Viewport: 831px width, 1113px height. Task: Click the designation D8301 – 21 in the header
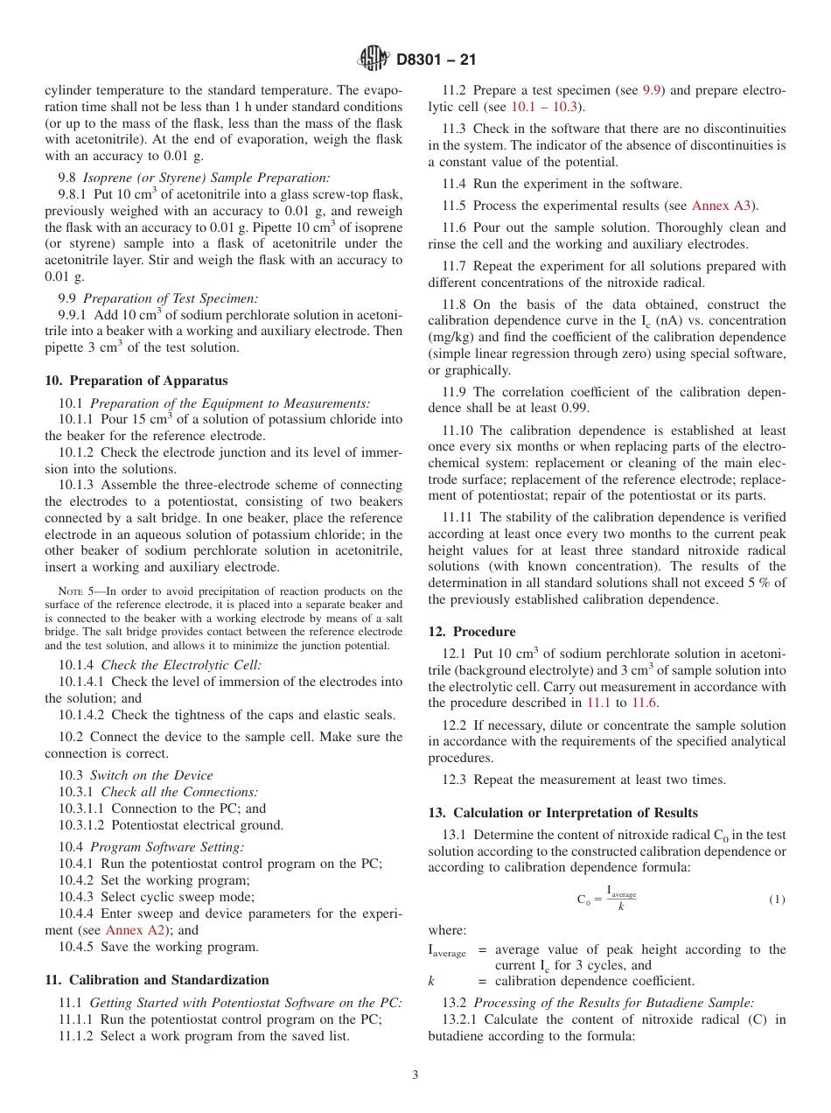coord(436,60)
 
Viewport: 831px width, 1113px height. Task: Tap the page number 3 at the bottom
coord(415,1074)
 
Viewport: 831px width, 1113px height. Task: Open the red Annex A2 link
coord(135,930)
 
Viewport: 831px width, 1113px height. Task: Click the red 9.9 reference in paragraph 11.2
coord(653,91)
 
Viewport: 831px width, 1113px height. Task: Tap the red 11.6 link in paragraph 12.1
coord(644,703)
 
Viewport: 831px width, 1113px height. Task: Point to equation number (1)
coord(777,899)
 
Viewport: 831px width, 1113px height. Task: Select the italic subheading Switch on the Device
coord(151,775)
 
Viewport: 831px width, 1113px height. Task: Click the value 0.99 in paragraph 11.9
coord(574,408)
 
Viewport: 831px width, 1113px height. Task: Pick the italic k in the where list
coord(431,981)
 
